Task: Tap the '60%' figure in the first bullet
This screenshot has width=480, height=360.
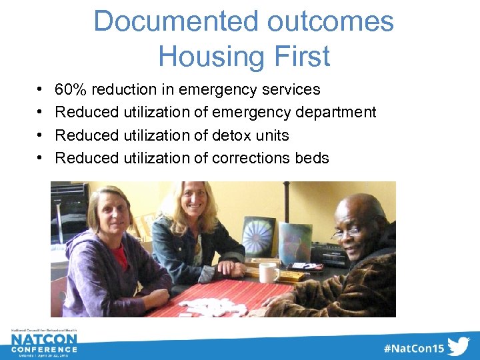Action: click(71, 89)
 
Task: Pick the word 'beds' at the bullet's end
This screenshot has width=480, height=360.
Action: click(313, 158)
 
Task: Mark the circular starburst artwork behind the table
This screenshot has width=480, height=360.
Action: click(258, 235)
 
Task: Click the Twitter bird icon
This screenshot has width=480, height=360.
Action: click(458, 347)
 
